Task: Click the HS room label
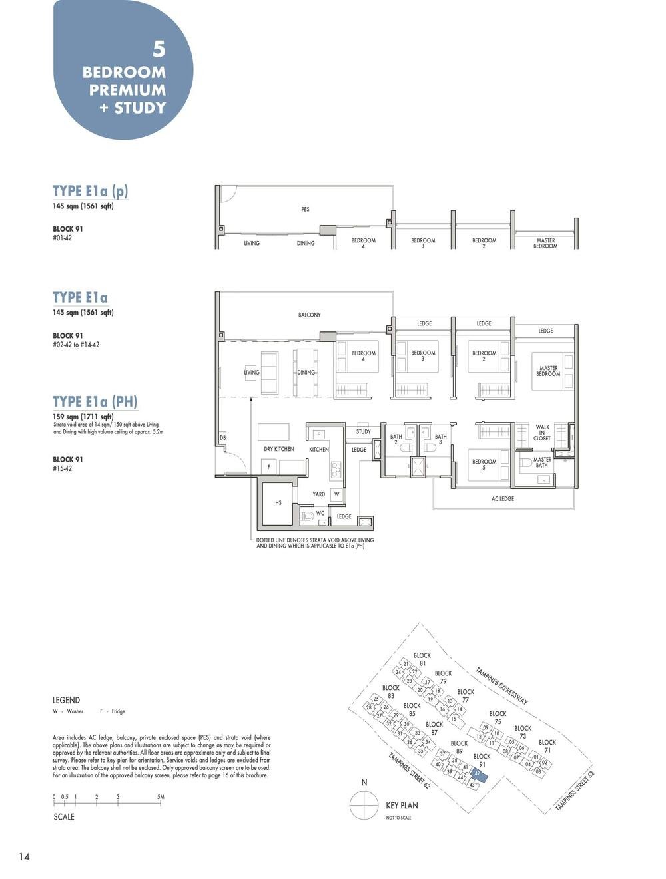[x=278, y=503]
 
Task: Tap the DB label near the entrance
[x=222, y=438]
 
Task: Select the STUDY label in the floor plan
[x=363, y=432]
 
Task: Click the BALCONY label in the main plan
[x=309, y=315]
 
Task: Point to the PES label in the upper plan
[x=305, y=210]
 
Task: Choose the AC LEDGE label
[x=503, y=498]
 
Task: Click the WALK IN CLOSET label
[x=542, y=433]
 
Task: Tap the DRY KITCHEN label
[x=278, y=449]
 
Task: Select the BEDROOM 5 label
[x=484, y=464]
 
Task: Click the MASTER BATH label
[x=542, y=462]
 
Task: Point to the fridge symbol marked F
[x=269, y=467]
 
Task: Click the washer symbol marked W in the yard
[x=337, y=494]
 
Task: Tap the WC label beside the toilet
[x=320, y=514]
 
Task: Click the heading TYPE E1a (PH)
[x=95, y=401]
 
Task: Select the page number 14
[x=24, y=857]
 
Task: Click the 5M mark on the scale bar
[x=161, y=797]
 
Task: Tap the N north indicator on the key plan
[x=364, y=783]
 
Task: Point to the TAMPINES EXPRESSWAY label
[x=501, y=686]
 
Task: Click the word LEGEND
[x=66, y=700]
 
